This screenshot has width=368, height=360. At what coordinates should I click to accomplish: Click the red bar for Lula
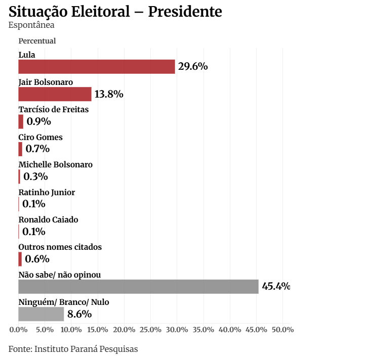(97, 67)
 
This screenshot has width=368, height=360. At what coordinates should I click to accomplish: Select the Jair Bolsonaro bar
(55, 94)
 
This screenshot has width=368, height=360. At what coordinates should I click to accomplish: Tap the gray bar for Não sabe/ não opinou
(138, 286)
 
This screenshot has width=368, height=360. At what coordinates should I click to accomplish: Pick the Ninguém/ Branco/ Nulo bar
(41, 314)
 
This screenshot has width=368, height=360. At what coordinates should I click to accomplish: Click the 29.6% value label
(193, 67)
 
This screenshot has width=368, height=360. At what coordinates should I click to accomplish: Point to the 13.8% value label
(109, 94)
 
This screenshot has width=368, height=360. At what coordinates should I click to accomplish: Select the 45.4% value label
(276, 287)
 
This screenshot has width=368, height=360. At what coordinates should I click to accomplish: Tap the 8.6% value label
(79, 314)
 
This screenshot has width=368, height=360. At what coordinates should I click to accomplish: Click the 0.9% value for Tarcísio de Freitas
(39, 121)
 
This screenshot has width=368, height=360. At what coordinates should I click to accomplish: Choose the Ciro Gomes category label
(40, 137)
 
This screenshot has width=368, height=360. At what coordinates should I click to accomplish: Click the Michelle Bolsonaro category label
(55, 164)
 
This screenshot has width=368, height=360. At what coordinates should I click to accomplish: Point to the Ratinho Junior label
(47, 192)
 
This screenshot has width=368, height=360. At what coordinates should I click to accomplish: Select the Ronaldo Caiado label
(48, 219)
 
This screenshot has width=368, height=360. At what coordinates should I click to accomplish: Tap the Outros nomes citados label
(60, 247)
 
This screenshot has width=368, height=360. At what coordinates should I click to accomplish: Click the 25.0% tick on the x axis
(150, 330)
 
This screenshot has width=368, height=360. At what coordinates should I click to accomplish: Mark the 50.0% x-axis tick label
(282, 330)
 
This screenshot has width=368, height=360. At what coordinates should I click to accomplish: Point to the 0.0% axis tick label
(18, 330)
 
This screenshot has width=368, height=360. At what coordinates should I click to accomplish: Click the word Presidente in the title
(185, 11)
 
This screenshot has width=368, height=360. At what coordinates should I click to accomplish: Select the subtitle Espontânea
(31, 25)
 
